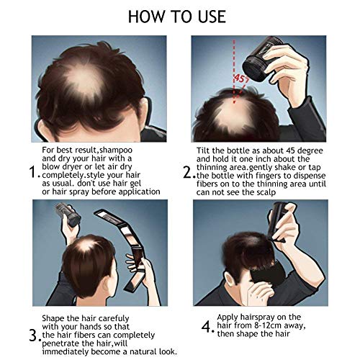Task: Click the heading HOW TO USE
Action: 177,17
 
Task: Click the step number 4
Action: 207,326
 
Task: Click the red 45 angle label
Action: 240,78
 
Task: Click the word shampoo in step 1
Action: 116,150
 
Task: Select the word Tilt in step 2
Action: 204,150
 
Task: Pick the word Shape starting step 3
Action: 53,318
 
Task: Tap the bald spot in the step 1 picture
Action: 84,79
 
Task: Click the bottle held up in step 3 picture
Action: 68,215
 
